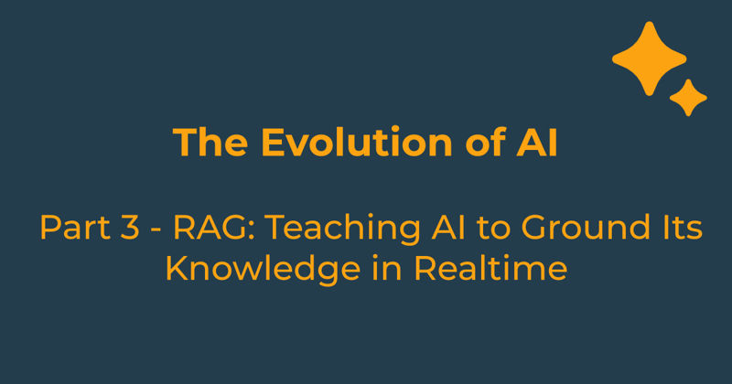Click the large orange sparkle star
tap(649, 58)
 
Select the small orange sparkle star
tap(688, 98)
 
